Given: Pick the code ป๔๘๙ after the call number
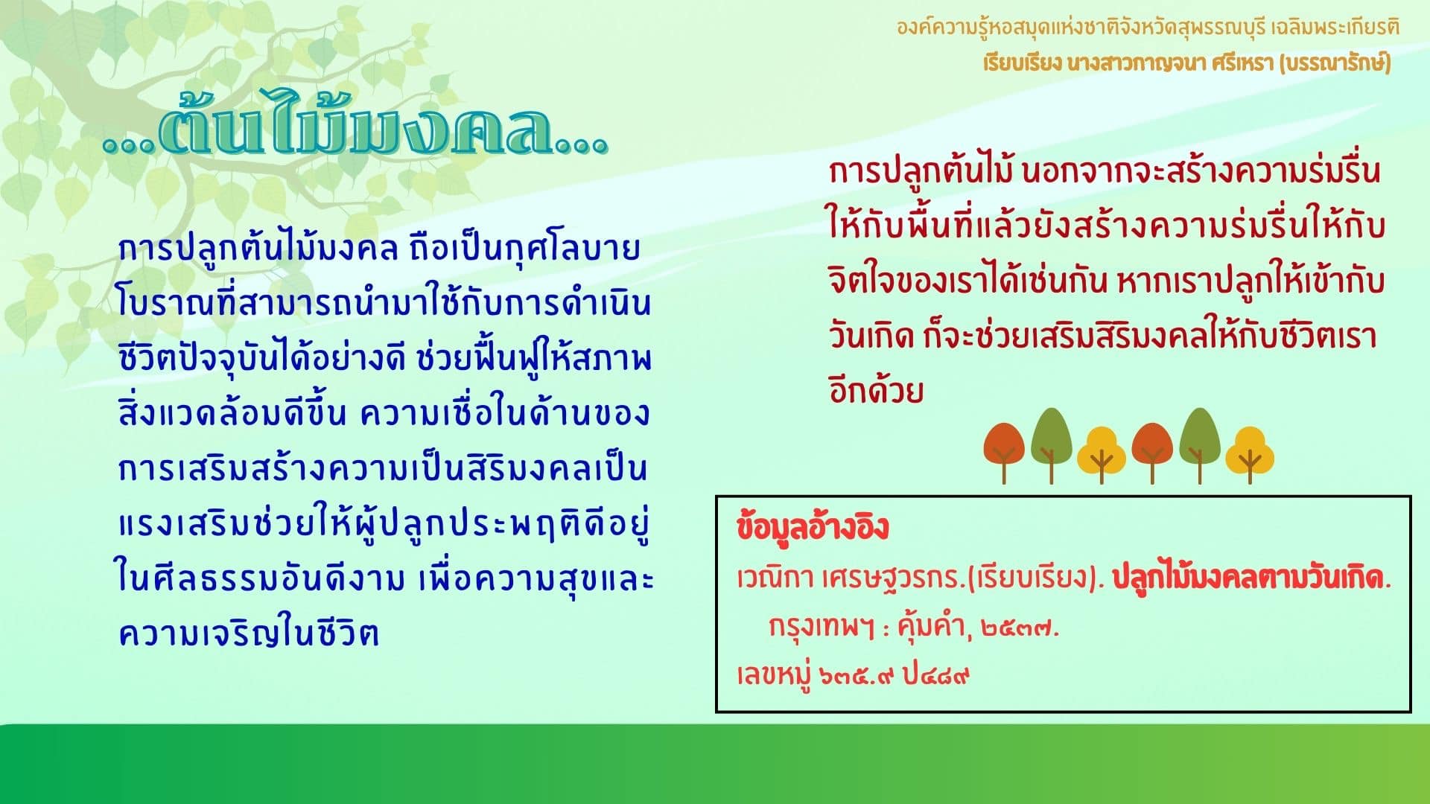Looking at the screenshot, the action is (936, 676).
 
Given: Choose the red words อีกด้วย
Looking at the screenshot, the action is (876, 391).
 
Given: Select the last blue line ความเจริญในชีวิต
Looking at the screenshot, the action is (249, 633).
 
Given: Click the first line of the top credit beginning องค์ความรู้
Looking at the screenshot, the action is (1148, 28).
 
